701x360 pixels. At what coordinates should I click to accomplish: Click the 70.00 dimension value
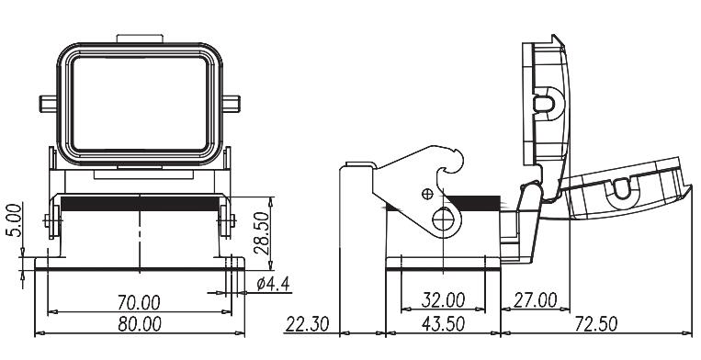tap(139, 302)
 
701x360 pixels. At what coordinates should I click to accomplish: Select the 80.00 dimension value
tap(140, 324)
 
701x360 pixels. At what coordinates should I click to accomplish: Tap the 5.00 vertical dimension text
tap(15, 219)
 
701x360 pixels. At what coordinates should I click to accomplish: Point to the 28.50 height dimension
tap(262, 233)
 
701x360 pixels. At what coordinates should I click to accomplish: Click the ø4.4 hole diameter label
tap(273, 284)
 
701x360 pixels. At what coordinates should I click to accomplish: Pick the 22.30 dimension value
tap(308, 323)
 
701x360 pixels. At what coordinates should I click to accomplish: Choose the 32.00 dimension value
tap(443, 300)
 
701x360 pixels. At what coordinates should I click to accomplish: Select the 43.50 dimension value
tap(443, 323)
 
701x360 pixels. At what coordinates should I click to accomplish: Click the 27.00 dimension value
tap(535, 300)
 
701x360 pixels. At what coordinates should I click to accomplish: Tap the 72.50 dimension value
tap(596, 323)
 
